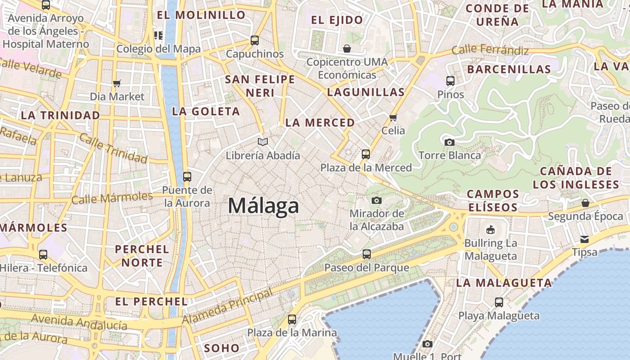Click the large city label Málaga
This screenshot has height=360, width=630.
263,206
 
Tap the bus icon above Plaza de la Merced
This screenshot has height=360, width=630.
366,154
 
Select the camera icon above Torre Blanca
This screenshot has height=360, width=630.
449,142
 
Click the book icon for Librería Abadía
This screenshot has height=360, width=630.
263,142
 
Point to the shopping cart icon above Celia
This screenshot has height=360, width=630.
393,117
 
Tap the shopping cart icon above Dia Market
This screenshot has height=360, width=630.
117,83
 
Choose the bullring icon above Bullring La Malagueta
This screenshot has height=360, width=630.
490,230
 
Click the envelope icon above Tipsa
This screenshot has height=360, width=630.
585,238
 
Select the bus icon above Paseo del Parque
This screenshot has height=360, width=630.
367,254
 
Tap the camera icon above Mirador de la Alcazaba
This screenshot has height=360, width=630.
377,200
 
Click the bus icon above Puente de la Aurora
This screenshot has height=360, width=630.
187,177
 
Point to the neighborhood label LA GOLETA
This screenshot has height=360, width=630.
206,111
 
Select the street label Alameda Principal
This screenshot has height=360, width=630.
227,307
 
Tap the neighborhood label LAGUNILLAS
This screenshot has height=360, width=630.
366,92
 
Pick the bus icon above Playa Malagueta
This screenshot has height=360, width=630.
499,302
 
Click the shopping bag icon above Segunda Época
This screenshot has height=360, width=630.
585,203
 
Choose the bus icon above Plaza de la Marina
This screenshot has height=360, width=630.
292,319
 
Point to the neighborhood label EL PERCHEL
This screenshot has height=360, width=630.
151,301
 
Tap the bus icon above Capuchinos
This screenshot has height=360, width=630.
255,40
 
